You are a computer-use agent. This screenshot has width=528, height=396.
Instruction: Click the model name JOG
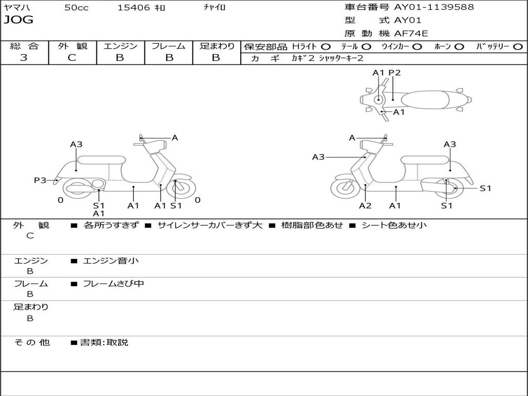pyautogui.click(x=19, y=20)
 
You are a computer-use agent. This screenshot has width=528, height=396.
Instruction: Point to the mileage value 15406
pyautogui.click(x=134, y=8)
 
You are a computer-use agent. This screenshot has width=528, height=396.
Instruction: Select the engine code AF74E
pyautogui.click(x=411, y=34)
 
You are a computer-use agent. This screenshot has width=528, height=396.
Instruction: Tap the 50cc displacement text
pyautogui.click(x=76, y=8)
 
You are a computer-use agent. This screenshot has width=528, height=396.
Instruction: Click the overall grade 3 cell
pyautogui.click(x=24, y=58)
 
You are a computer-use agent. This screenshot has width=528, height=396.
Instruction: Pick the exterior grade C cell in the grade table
pyautogui.click(x=72, y=58)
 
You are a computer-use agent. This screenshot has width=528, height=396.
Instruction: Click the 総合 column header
pyautogui.click(x=24, y=46)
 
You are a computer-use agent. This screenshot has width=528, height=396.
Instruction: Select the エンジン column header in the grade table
pyautogui.click(x=120, y=46)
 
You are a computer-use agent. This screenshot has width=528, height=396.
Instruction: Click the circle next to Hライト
pyautogui.click(x=326, y=47)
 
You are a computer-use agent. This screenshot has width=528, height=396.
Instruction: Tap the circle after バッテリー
pyautogui.click(x=518, y=47)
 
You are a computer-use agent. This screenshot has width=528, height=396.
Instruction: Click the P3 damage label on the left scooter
pyautogui.click(x=40, y=180)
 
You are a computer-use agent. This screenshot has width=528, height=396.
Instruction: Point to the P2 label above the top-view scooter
pyautogui.click(x=394, y=73)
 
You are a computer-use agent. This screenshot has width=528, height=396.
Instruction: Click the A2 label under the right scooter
pyautogui.click(x=365, y=206)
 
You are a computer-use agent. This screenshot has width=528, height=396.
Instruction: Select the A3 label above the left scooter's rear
pyautogui.click(x=76, y=144)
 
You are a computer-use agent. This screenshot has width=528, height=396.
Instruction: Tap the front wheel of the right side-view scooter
pyautogui.click(x=345, y=188)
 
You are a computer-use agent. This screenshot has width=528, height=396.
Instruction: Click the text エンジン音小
pyautogui.click(x=111, y=261)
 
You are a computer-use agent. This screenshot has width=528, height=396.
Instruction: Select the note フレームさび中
pyautogui.click(x=113, y=284)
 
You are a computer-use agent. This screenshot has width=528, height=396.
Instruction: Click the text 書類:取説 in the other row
pyautogui.click(x=104, y=342)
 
